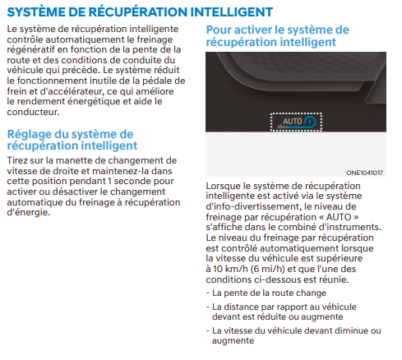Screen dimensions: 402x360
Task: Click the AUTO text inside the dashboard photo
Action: pyautogui.click(x=292, y=121)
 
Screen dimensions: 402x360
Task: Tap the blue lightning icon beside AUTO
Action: pyautogui.click(x=310, y=122)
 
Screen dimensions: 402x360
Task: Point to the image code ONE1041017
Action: pyautogui.click(x=364, y=173)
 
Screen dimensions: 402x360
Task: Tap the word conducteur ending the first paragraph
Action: pyautogui.click(x=33, y=112)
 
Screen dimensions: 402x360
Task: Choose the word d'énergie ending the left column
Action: pyautogui.click(x=29, y=213)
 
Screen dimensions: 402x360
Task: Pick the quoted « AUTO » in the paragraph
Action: pyautogui.click(x=339, y=217)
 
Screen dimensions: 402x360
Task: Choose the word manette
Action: pyautogui.click(x=72, y=160)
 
